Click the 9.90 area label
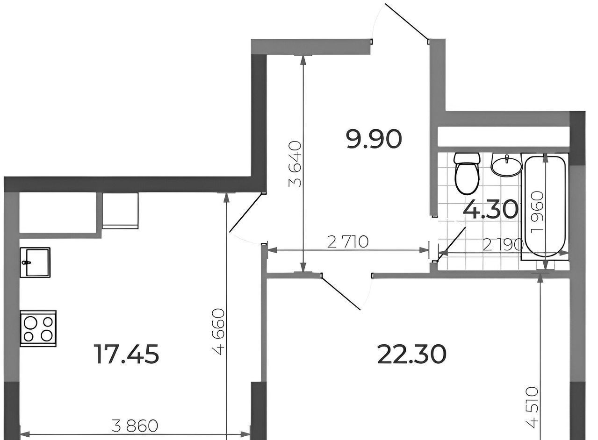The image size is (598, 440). click(x=374, y=139)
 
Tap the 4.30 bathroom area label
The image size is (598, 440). click(x=490, y=209)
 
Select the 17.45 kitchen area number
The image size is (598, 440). click(x=127, y=354)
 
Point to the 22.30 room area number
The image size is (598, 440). click(x=412, y=354)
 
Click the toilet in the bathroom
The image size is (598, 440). click(x=467, y=173)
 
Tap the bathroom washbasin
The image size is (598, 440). click(x=506, y=165)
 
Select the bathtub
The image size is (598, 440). click(x=545, y=206)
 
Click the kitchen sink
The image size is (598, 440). click(x=35, y=263)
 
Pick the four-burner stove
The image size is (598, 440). click(x=38, y=328)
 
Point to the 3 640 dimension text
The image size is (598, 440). click(x=295, y=164)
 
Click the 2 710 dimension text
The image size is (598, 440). click(x=348, y=242)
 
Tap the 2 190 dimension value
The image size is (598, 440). click(x=503, y=245)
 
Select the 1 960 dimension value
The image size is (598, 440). click(x=537, y=213)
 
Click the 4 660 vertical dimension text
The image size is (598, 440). click(x=220, y=332)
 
